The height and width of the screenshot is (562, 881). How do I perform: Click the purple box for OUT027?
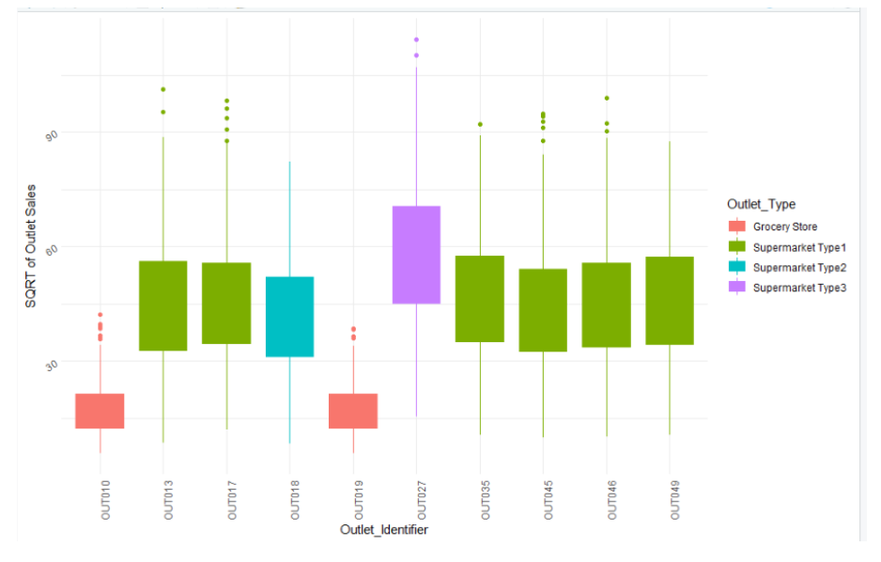click(x=416, y=255)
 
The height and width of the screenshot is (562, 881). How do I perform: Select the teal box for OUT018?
click(x=289, y=317)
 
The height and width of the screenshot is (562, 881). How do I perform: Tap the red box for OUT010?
click(x=100, y=411)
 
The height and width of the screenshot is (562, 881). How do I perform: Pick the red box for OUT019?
click(x=353, y=411)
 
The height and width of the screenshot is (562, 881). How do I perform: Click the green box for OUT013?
click(x=163, y=305)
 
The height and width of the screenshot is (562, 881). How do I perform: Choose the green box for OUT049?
click(x=670, y=301)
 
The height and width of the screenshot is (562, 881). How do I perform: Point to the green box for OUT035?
click(x=480, y=299)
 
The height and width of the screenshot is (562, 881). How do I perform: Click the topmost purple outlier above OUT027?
click(x=416, y=39)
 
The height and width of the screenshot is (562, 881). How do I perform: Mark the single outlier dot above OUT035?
click(x=480, y=124)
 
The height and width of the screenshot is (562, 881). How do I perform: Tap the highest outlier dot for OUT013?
click(x=163, y=89)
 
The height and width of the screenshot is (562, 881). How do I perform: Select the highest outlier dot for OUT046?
click(x=607, y=98)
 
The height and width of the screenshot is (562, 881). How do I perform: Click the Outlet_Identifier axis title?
click(x=384, y=531)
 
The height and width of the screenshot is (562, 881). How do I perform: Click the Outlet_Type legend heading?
click(x=761, y=204)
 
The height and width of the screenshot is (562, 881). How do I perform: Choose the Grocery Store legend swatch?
click(x=737, y=226)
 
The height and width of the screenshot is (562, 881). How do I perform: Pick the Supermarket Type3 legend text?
click(x=799, y=288)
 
